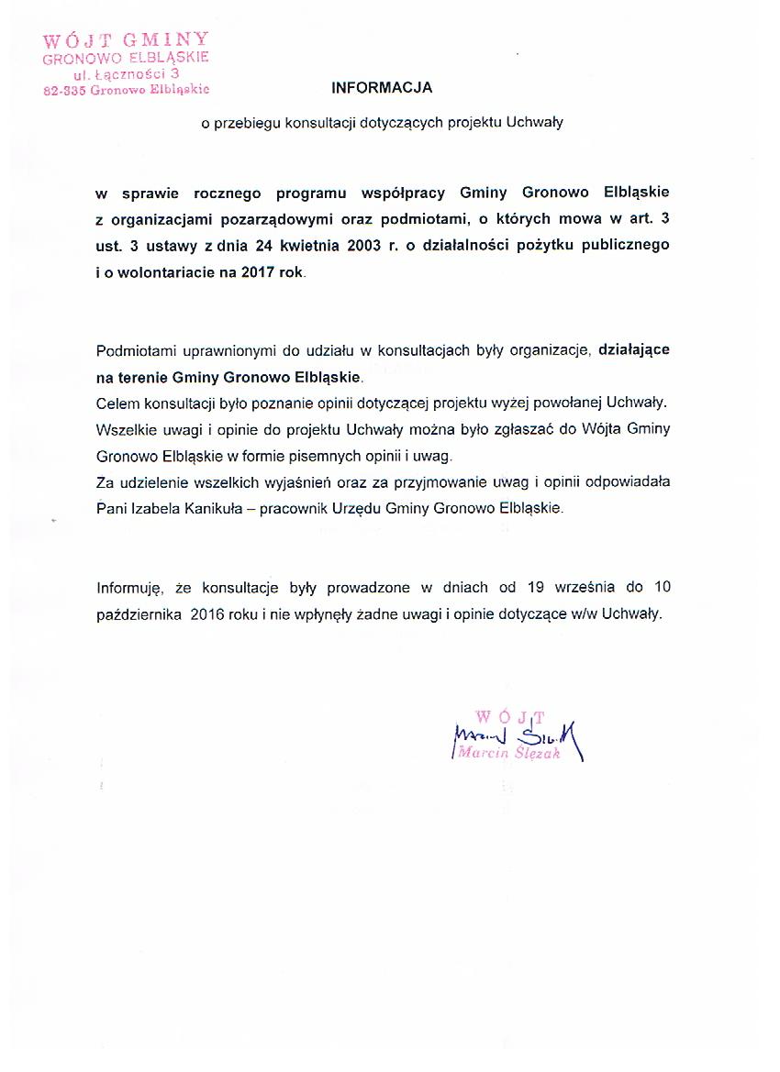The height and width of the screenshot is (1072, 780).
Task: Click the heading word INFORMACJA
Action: (x=381, y=88)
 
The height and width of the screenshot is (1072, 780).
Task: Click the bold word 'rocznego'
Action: (x=228, y=193)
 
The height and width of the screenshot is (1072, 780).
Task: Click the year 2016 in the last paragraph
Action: (x=211, y=614)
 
